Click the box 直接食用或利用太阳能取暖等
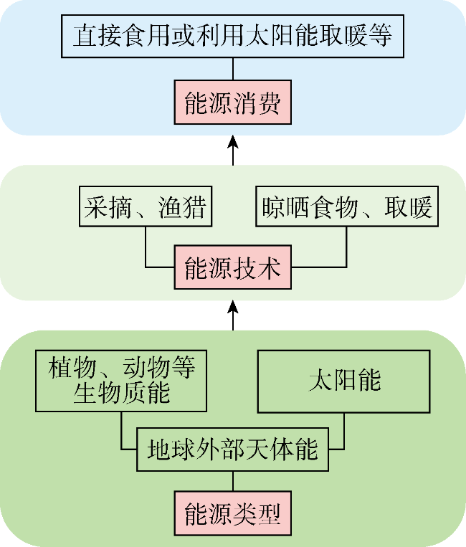coord(233,36)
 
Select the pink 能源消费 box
coord(233,103)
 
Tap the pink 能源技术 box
coord(233,267)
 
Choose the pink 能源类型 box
coord(233,513)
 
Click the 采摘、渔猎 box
coord(146,206)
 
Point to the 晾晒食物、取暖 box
coord(347,206)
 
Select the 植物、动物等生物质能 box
coord(121,381)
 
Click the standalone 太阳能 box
coord(343,381)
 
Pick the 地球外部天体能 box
coord(233,450)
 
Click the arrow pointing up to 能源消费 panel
coord(233,151)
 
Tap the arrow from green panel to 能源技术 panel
coord(233,315)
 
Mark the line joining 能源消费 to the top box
coord(233,69)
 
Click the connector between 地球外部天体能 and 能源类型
coord(233,481)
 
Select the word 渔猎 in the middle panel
coord(182,207)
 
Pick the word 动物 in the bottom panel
coord(146,367)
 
